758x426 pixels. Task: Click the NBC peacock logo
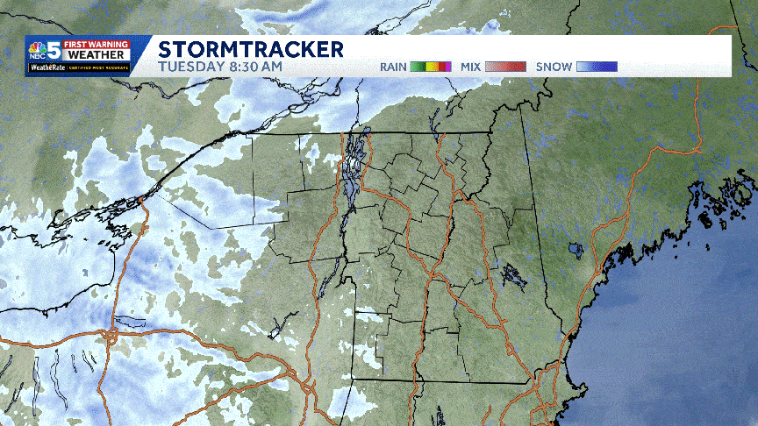[x=37, y=48]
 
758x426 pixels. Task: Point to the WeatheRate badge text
[x=43, y=67]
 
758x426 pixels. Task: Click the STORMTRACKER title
[x=251, y=48]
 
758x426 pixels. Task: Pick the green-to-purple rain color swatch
[x=432, y=67]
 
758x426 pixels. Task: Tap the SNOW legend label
[x=553, y=67]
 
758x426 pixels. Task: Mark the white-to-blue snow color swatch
[x=597, y=67]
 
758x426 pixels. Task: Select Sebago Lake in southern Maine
[x=576, y=251]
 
